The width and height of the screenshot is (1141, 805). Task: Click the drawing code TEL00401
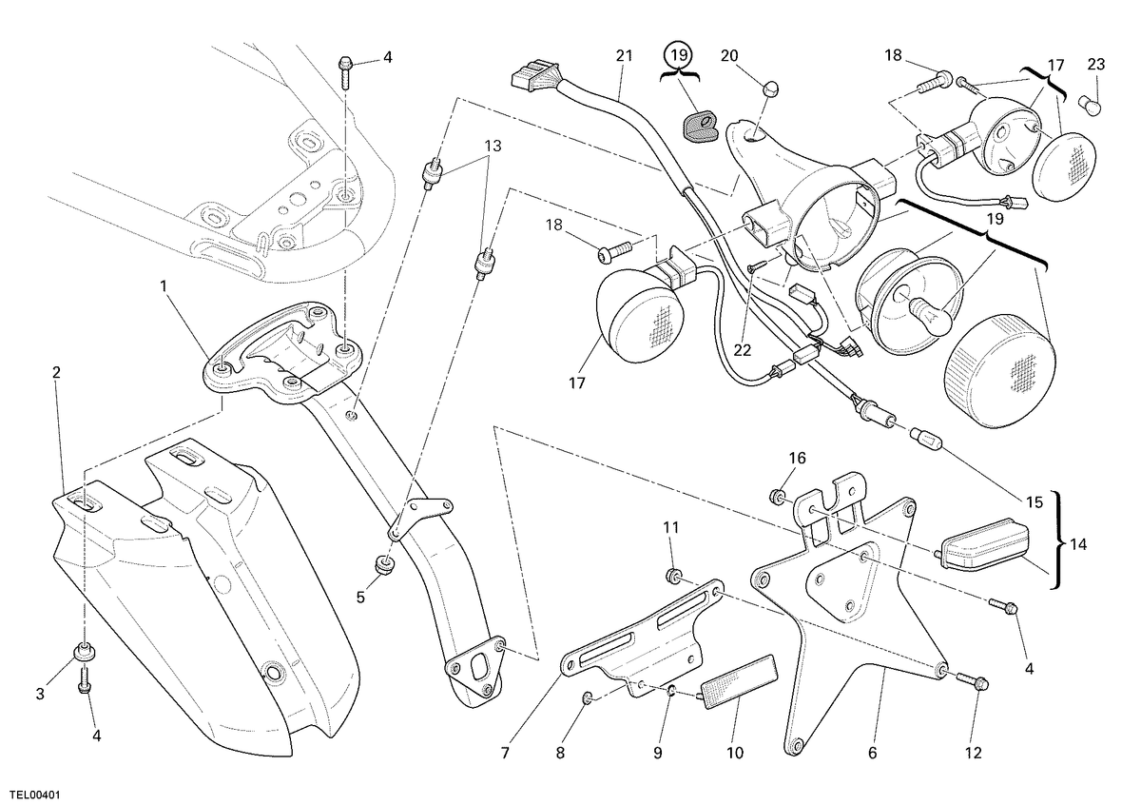click(31, 795)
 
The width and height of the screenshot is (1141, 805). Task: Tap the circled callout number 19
click(679, 54)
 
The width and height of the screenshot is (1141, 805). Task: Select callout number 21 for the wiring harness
click(624, 55)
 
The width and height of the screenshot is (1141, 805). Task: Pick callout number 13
click(493, 146)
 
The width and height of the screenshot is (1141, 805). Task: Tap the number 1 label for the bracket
click(164, 286)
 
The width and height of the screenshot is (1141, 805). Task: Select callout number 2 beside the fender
click(56, 372)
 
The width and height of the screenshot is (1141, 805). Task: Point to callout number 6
click(873, 753)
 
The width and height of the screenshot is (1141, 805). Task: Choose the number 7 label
click(505, 753)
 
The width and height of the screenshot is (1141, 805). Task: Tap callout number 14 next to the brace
click(1078, 544)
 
